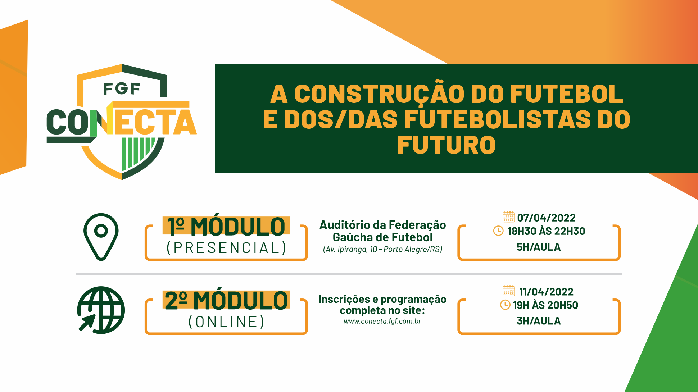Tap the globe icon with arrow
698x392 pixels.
(x=101, y=310)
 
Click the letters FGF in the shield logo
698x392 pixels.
(x=122, y=89)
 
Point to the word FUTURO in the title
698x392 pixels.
(x=447, y=145)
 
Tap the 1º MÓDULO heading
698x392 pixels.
(x=226, y=227)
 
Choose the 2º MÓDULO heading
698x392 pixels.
(x=226, y=300)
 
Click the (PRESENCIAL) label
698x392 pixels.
(x=226, y=248)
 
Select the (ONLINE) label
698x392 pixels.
(x=226, y=322)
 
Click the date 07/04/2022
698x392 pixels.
(x=546, y=218)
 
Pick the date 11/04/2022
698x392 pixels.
(x=546, y=292)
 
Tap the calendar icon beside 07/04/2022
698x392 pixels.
(x=508, y=217)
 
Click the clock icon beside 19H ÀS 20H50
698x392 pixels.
(x=505, y=305)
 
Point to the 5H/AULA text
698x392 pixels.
(x=539, y=247)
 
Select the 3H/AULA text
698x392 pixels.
(x=539, y=321)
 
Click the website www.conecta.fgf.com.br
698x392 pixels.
(x=382, y=321)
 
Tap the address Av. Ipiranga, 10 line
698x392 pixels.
(x=382, y=249)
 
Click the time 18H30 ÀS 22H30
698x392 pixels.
(x=546, y=231)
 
